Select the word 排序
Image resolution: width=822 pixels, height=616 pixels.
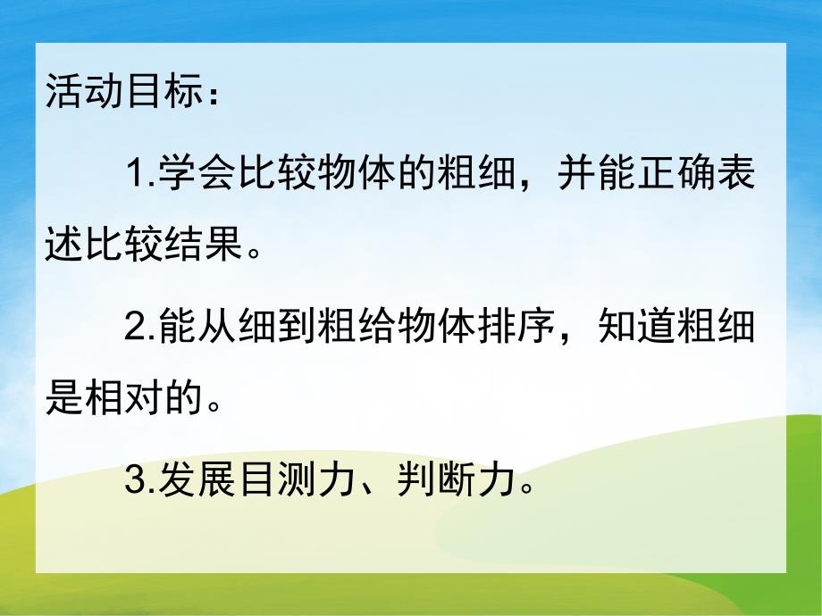[x=516, y=329]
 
